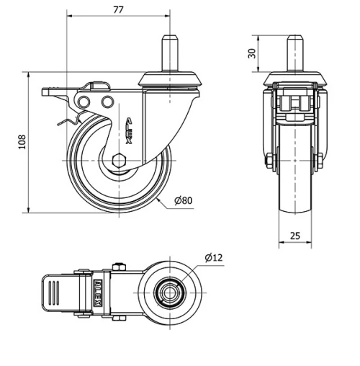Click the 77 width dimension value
(x=119, y=9)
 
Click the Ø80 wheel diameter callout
(x=183, y=200)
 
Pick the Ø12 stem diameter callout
(x=213, y=257)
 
